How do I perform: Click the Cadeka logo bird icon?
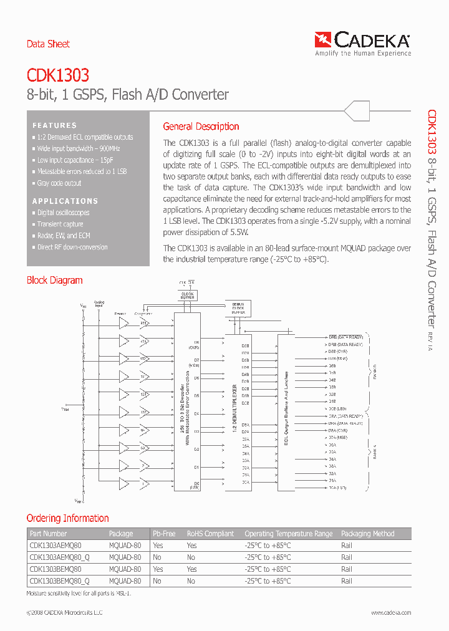324,41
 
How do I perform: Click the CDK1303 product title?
57,75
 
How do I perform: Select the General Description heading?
201,127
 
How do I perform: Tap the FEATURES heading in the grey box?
55,125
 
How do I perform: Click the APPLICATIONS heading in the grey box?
65,201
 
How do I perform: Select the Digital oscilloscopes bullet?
63,213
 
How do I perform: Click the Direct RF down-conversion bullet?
72,247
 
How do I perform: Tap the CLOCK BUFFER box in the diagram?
187,295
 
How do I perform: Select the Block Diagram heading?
54,281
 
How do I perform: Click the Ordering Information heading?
67,518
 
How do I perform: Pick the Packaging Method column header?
367,534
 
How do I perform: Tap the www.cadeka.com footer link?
391,613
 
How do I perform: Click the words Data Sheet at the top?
48,44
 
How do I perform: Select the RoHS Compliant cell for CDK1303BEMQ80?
191,569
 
